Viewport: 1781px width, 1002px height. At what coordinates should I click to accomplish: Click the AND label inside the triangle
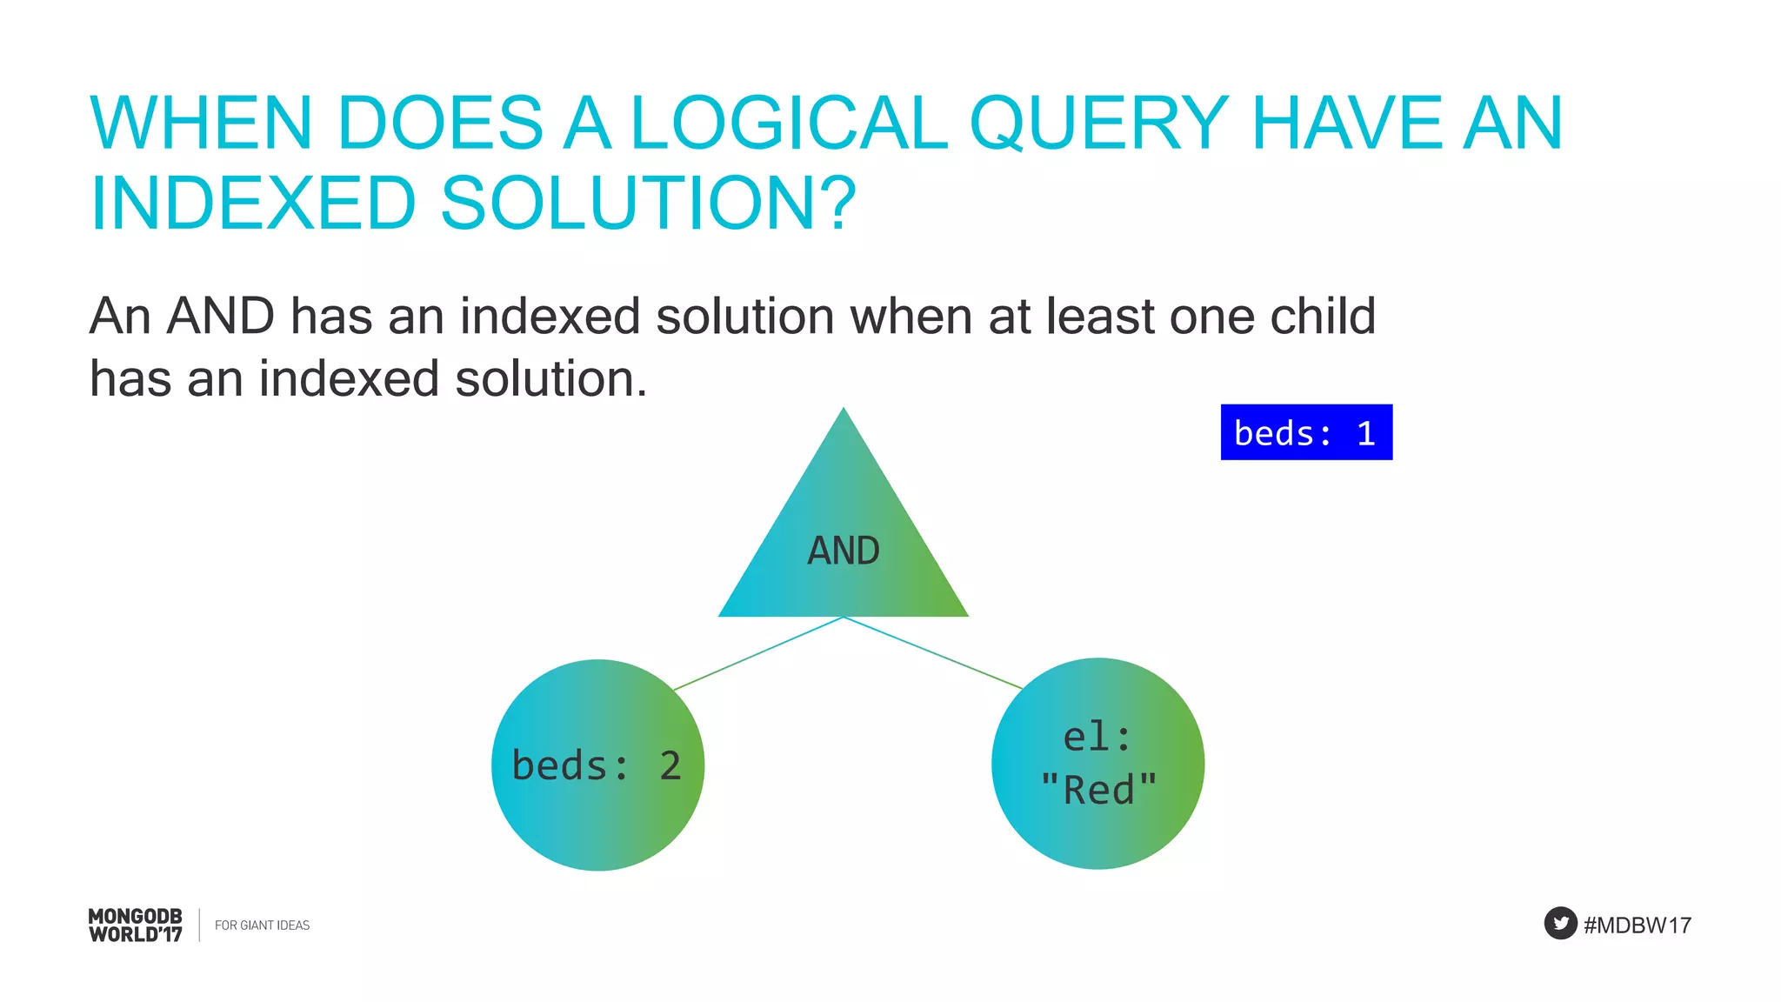click(x=843, y=551)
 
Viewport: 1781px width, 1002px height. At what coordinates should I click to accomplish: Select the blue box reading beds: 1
click(x=1305, y=432)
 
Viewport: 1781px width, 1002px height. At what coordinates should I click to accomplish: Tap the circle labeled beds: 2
click(x=597, y=765)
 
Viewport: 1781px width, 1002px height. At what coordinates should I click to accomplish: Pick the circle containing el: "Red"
click(x=1097, y=764)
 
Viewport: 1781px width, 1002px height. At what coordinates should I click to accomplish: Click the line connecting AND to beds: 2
click(x=758, y=653)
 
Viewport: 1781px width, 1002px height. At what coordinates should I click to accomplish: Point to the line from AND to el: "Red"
click(x=932, y=652)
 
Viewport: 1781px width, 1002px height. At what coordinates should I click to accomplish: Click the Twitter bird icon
click(x=1560, y=923)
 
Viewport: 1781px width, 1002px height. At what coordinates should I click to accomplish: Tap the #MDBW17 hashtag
click(x=1637, y=925)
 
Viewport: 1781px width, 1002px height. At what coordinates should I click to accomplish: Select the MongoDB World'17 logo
click(x=136, y=925)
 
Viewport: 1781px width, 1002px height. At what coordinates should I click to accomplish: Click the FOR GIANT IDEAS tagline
click(x=262, y=925)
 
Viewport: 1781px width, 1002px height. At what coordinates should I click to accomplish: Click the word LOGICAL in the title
click(x=788, y=124)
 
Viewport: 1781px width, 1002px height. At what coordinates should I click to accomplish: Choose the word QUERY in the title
click(x=1098, y=124)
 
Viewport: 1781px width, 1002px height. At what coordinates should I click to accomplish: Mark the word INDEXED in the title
click(x=254, y=204)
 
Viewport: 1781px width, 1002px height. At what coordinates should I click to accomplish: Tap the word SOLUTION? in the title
click(x=649, y=204)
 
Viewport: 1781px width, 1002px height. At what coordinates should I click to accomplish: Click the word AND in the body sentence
click(x=220, y=316)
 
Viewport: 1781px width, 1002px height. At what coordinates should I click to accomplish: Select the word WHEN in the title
click(x=201, y=124)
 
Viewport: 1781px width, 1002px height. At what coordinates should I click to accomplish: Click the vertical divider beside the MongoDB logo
click(x=199, y=925)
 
